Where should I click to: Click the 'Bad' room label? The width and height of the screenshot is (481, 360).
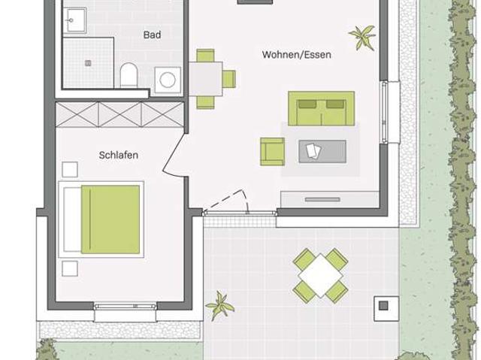pos(152,35)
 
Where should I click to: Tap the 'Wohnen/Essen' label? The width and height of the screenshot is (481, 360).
pos(297,55)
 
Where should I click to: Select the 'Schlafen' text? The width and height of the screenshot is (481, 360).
pos(119,155)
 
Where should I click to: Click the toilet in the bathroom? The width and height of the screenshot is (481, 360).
pos(129,75)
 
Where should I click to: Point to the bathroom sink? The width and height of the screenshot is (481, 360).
pos(75,20)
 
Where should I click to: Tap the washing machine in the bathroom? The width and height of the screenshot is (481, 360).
pos(168,80)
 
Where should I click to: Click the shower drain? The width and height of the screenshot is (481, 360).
pos(89,63)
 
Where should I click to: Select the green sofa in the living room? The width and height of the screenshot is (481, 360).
pos(321,108)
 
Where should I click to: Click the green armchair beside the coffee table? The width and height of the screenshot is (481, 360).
pos(272,152)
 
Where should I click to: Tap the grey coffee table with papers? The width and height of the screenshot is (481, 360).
pos(322,152)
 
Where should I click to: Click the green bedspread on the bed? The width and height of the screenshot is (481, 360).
pos(110,219)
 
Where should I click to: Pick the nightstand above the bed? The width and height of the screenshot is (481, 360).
pos(70,170)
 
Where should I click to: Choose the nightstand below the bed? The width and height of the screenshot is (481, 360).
pos(70,268)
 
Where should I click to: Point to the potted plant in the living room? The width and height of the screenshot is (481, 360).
pos(362,38)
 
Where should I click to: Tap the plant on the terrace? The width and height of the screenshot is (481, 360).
pos(219,305)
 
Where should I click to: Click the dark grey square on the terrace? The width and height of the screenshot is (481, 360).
pos(383,305)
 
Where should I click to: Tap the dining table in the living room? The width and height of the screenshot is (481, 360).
pos(206,79)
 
